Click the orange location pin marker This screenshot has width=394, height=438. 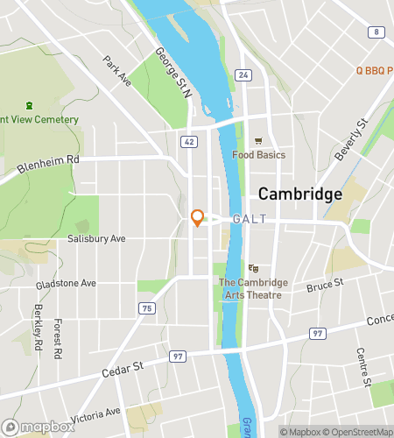pos(197,217)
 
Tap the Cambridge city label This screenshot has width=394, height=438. pos(299,194)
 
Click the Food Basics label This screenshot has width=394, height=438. pos(258,155)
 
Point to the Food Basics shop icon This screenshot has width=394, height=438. pos(258,141)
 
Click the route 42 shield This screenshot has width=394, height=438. pos(190,141)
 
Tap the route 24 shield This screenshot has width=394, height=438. pos(243,75)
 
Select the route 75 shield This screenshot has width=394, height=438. pos(147,307)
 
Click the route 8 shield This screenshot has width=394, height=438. pos(376,32)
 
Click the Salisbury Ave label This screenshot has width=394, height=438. pos(96,238)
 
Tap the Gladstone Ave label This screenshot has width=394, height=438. pos(66,284)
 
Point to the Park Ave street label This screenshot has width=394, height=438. pos(116,71)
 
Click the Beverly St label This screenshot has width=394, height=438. pos(348,140)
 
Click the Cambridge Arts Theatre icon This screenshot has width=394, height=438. pos(253,268)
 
